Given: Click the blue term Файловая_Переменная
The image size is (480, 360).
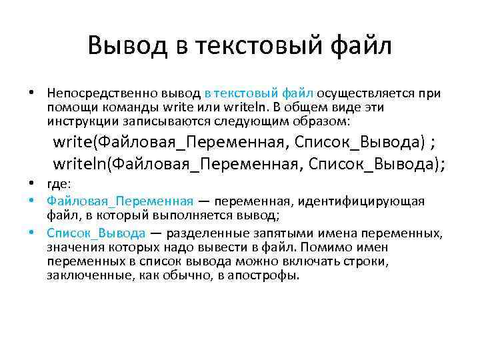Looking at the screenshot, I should pyautogui.click(x=120, y=201).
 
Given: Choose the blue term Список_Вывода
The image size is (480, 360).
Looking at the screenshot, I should pyautogui.click(x=96, y=233).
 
